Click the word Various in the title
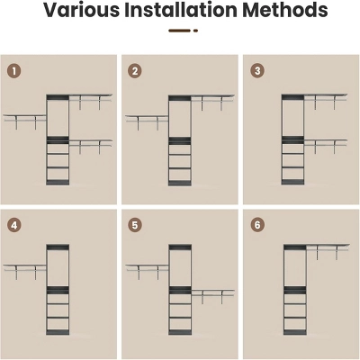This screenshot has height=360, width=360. [82, 10]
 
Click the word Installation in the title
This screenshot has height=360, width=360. [181, 10]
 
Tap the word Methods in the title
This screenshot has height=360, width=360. [285, 10]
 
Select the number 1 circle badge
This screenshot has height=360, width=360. [14, 71]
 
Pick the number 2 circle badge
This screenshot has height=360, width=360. [135, 71]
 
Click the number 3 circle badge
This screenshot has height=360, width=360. [257, 71]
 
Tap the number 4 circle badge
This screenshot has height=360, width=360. [14, 225]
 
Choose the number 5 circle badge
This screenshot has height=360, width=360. [135, 225]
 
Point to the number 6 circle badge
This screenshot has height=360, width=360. [257, 225]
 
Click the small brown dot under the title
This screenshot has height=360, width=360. [195, 31]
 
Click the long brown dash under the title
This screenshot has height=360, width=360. [180, 31]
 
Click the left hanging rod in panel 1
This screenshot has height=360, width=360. [25, 121]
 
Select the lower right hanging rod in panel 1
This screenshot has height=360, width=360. [91, 146]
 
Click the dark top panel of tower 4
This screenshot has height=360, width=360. [58, 247]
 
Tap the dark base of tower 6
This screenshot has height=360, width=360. [295, 332]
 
